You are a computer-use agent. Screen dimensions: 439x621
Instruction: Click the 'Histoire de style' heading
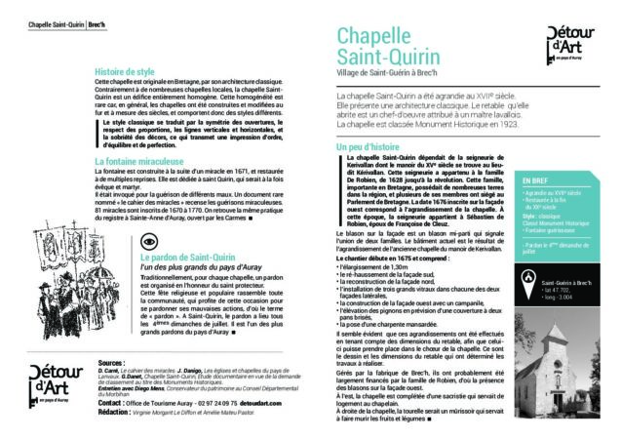pos(126,72)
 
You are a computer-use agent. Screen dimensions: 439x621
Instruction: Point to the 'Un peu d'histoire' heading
pos(370,145)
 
